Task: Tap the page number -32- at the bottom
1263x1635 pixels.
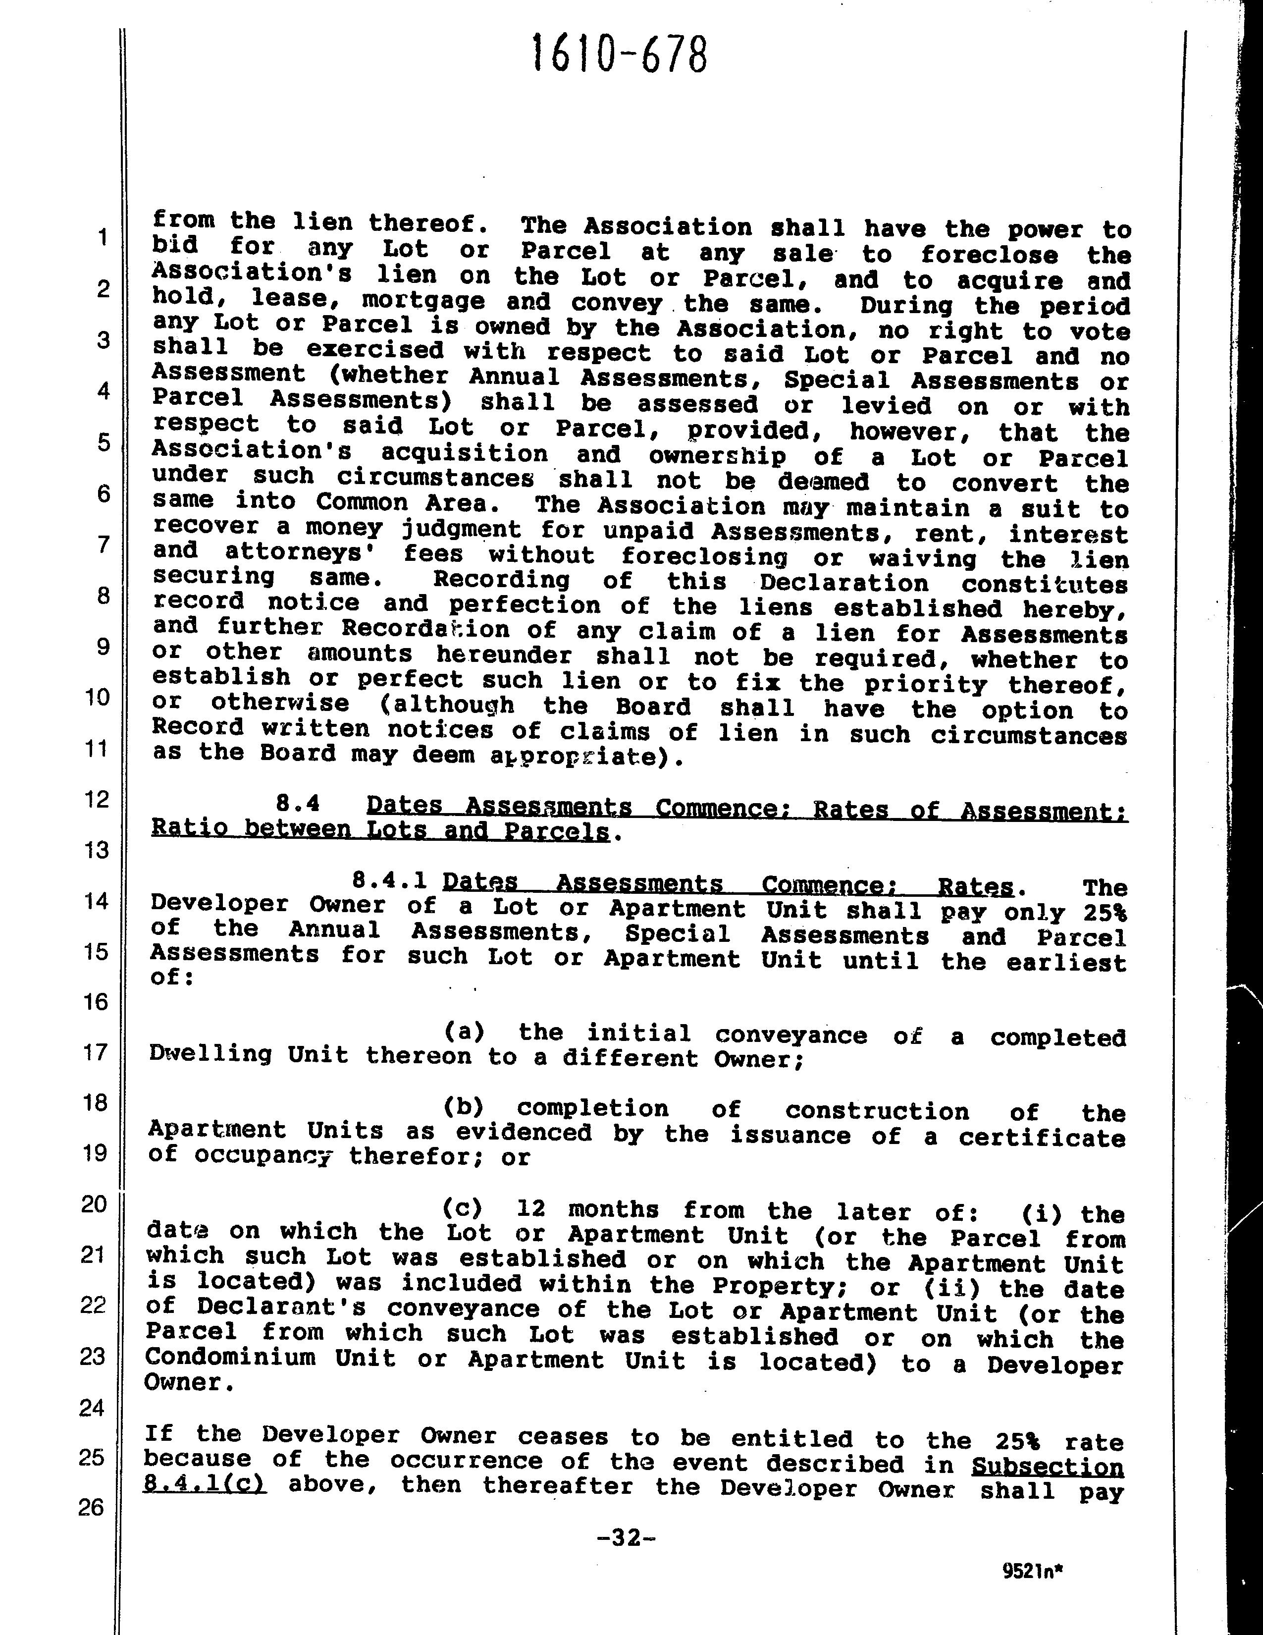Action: click(x=627, y=1538)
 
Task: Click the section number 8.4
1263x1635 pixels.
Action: click(x=298, y=804)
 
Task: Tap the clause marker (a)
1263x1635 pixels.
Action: click(x=464, y=1032)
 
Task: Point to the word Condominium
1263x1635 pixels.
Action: click(x=230, y=1357)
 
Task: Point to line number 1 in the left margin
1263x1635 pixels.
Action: click(x=103, y=237)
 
